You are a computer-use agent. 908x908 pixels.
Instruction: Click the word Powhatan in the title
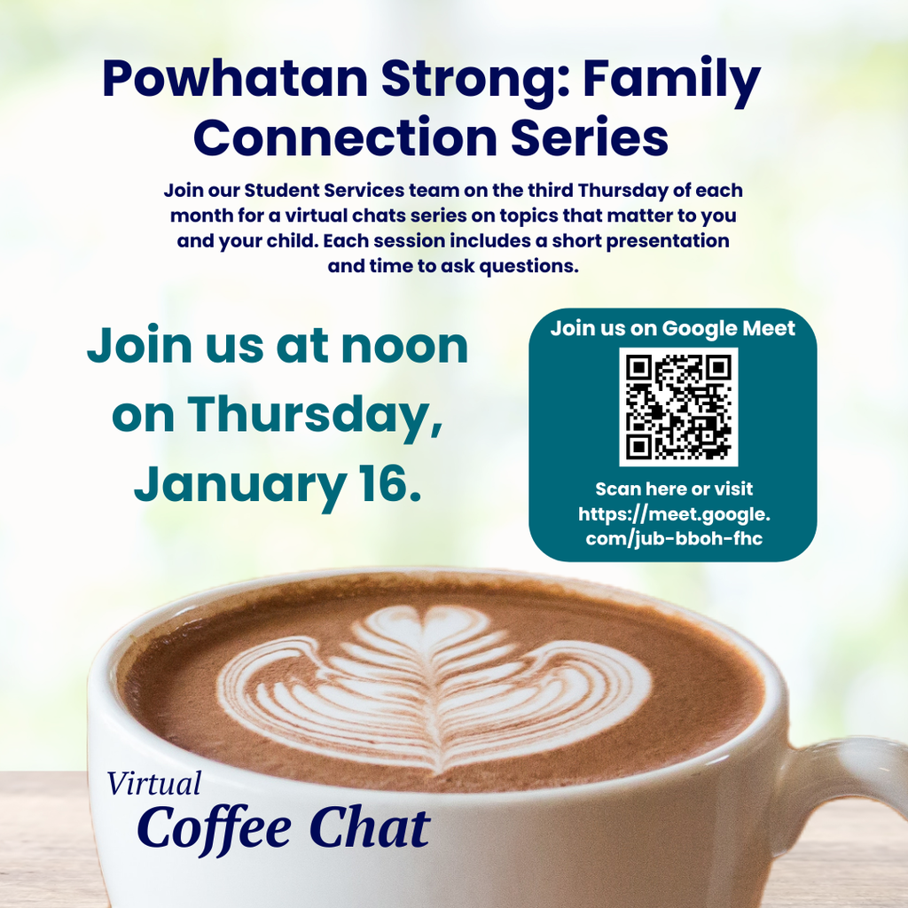pos(235,81)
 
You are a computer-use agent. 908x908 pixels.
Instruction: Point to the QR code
pos(678,406)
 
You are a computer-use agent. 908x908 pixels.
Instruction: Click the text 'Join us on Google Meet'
pos(673,328)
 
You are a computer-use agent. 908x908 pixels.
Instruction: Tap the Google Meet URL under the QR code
pos(674,526)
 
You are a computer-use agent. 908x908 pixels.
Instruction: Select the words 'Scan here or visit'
pos(674,489)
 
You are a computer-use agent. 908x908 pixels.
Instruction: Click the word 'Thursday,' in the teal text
pos(316,415)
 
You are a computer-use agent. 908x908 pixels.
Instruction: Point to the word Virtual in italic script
pos(154,784)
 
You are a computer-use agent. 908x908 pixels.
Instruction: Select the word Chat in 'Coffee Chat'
pos(369,828)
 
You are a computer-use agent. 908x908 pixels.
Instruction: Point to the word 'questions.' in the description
pos(529,266)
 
